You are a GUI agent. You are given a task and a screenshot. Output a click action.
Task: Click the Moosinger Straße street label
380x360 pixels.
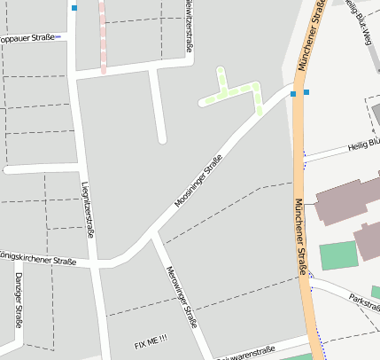[x=198, y=182]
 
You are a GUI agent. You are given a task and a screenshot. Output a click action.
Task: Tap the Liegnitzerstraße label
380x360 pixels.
[x=87, y=209]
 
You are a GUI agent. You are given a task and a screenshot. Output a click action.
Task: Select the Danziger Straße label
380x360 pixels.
[x=18, y=300]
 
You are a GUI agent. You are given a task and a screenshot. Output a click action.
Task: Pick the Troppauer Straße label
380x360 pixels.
[x=26, y=38]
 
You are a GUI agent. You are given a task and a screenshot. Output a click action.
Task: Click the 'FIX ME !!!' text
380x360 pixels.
[x=151, y=342]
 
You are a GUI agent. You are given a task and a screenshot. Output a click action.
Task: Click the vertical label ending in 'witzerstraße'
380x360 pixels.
[x=189, y=25]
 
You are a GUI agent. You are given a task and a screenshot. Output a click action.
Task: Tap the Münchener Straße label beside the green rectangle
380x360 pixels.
[x=301, y=232]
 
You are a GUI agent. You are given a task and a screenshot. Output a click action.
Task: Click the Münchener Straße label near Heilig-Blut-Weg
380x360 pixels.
[x=311, y=35]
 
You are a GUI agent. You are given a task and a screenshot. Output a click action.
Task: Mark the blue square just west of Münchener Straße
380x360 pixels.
[x=292, y=93]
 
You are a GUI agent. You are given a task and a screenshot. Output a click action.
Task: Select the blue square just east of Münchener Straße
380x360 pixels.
[x=306, y=91]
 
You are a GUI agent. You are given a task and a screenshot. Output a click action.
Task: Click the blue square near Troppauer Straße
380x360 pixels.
[x=74, y=8]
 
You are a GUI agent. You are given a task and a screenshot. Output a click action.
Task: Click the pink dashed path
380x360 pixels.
[x=102, y=35]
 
